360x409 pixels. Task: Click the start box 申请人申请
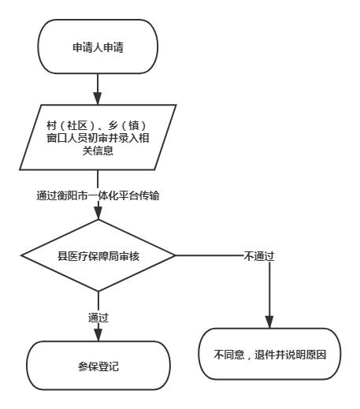98,46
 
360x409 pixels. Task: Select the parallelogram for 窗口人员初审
98,137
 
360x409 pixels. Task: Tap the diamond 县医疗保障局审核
98,255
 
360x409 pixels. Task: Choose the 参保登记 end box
98,366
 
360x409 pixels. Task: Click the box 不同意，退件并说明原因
269,354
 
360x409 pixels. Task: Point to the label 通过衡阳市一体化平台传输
98,195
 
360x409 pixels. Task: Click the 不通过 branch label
259,256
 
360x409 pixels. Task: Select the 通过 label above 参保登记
98,318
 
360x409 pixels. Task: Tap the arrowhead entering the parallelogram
98,99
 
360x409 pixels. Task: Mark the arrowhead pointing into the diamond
98,213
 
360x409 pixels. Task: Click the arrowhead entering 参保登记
98,334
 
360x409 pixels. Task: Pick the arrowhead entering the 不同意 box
269,322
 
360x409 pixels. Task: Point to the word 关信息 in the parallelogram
98,151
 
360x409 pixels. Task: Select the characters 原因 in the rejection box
316,355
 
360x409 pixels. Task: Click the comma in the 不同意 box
250,358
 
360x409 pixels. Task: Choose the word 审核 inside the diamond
129,256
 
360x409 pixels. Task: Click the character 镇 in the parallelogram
133,125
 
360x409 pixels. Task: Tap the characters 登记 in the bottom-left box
109,366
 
